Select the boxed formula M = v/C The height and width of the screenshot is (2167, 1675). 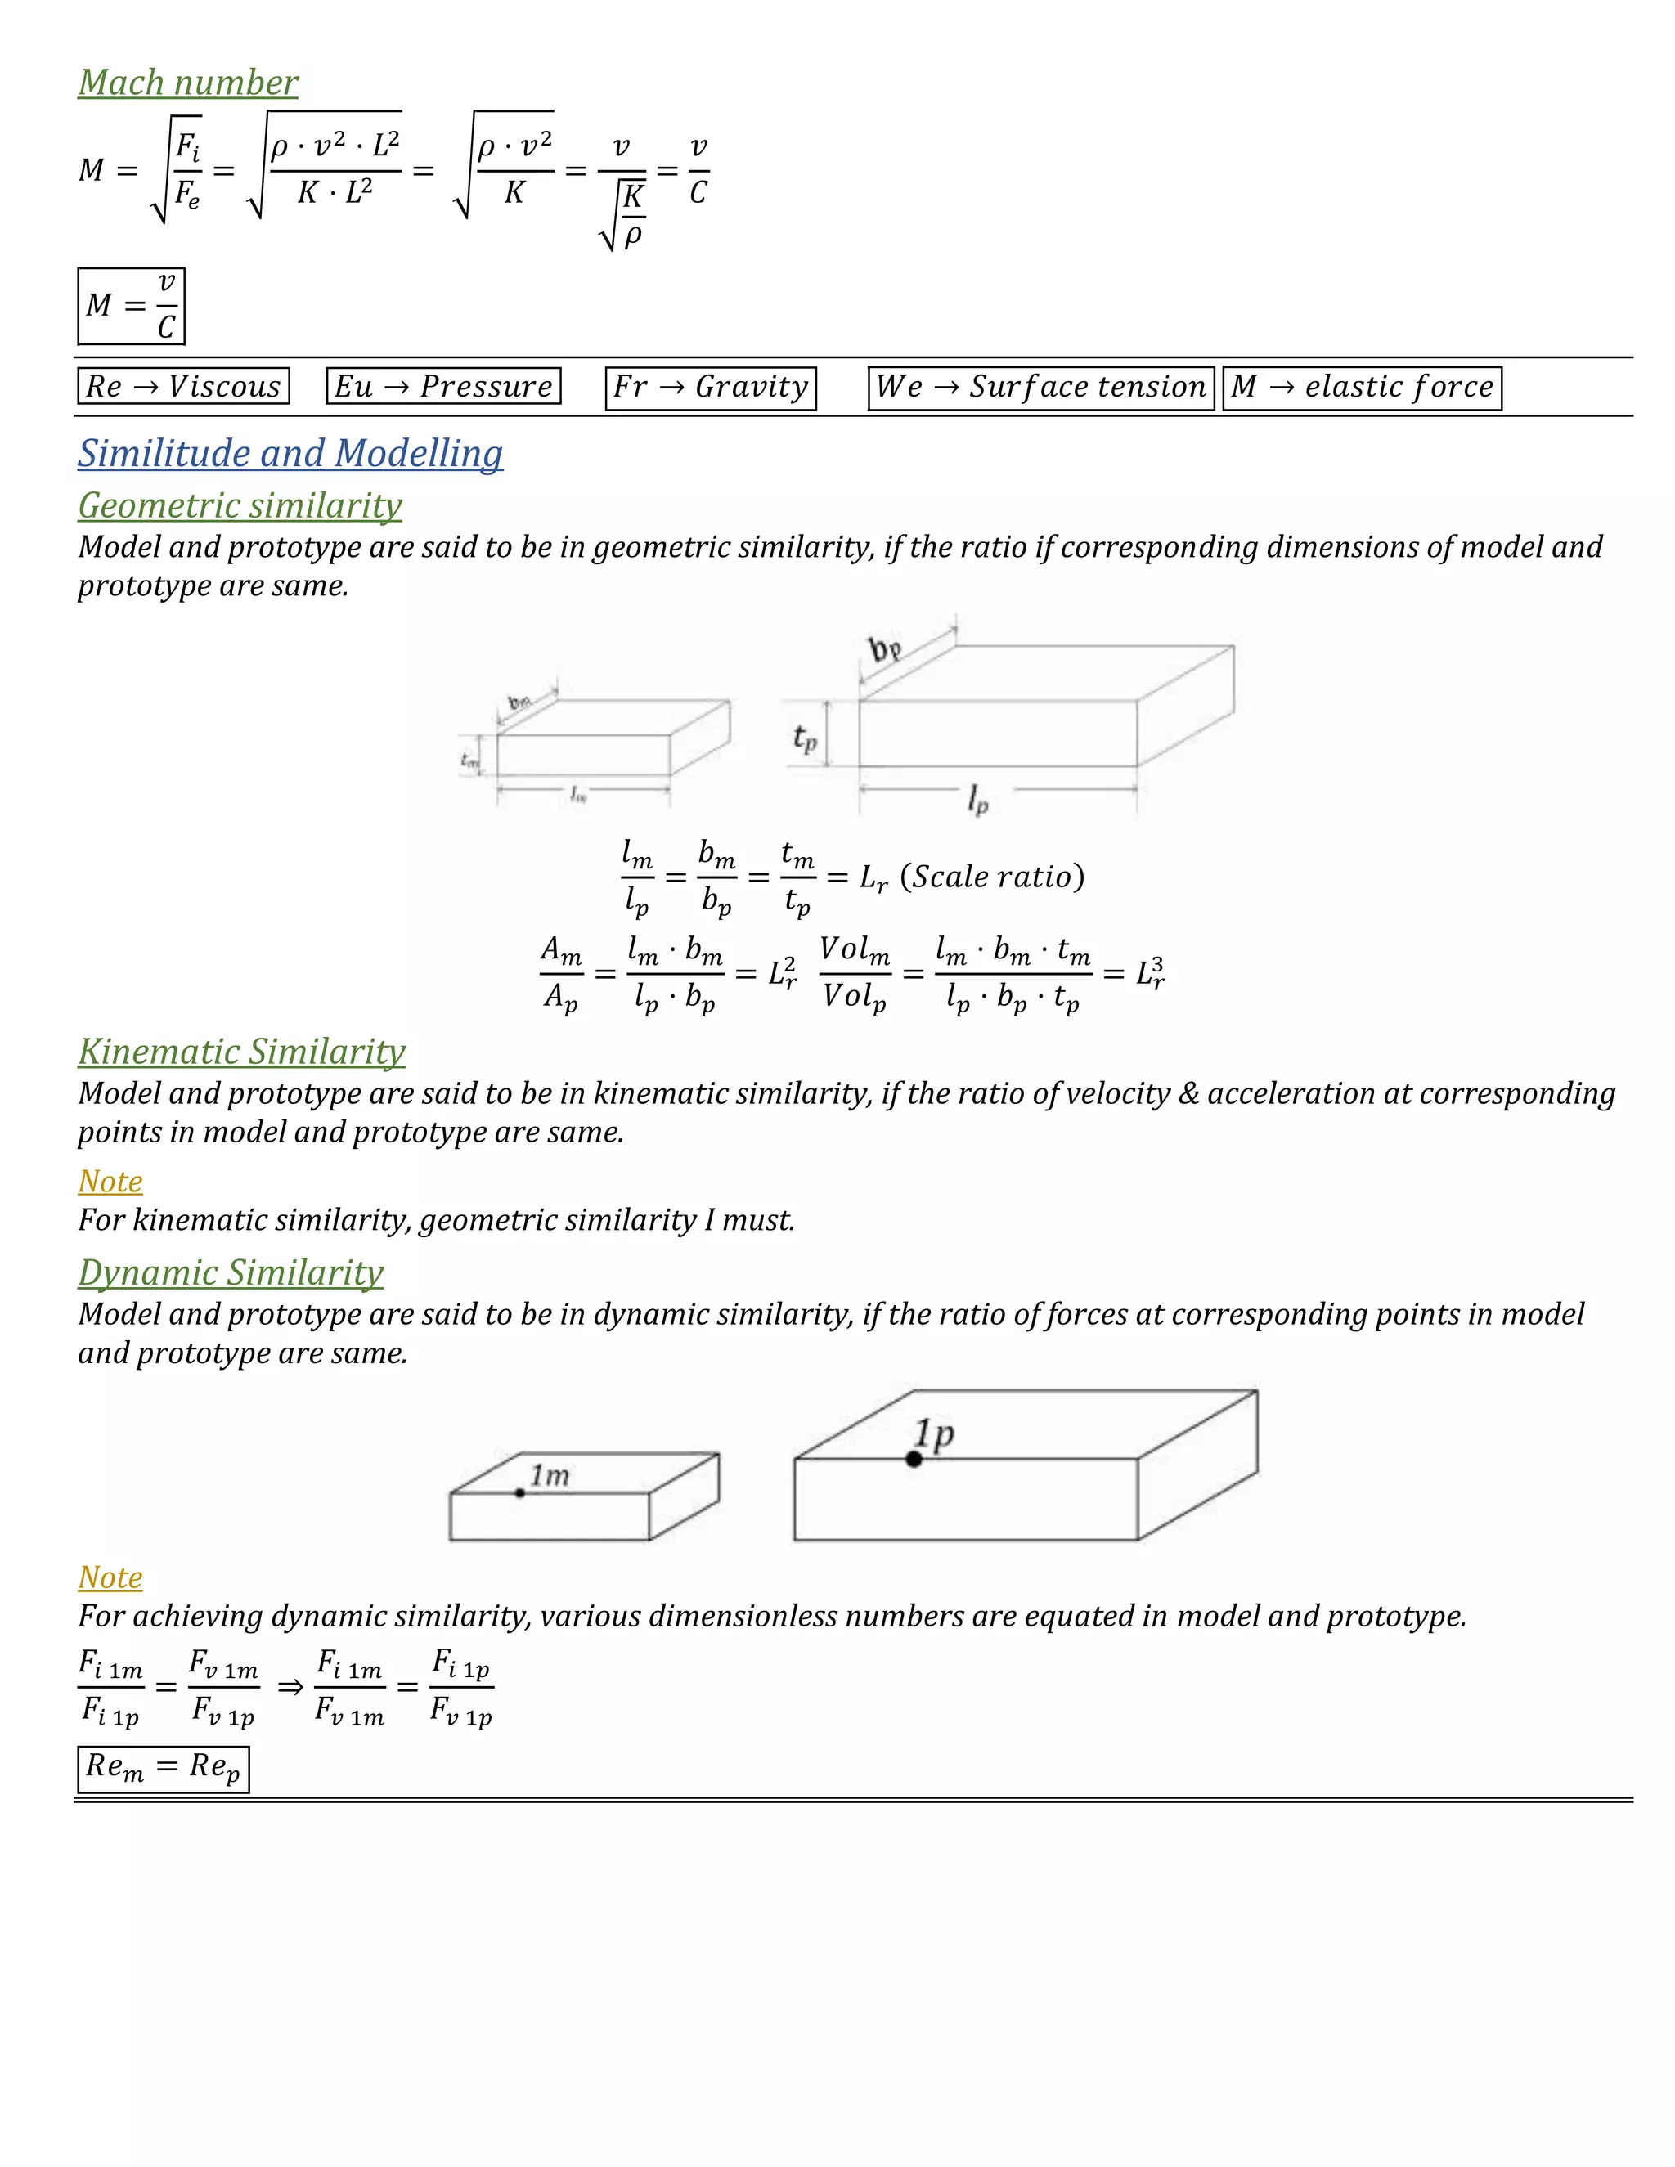click(131, 306)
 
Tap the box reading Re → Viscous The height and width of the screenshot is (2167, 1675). click(182, 386)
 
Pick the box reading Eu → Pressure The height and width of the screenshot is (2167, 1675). click(443, 386)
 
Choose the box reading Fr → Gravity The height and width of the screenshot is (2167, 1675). click(711, 387)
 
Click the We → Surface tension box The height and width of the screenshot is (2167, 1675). click(1040, 387)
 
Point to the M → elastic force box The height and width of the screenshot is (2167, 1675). click(1362, 387)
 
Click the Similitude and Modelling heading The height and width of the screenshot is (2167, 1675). click(290, 454)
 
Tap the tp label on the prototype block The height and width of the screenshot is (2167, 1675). click(805, 738)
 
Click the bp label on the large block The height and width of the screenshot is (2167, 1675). click(884, 650)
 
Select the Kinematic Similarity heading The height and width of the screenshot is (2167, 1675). click(241, 1052)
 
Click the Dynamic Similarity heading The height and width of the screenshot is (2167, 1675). click(230, 1273)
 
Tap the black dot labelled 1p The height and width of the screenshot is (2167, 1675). click(914, 1459)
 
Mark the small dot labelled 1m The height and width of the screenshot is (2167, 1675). click(520, 1492)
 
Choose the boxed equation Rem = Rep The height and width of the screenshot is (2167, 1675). click(163, 1768)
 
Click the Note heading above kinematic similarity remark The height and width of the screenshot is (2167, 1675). click(110, 1182)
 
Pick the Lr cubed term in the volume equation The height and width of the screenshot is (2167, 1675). click(1150, 973)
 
